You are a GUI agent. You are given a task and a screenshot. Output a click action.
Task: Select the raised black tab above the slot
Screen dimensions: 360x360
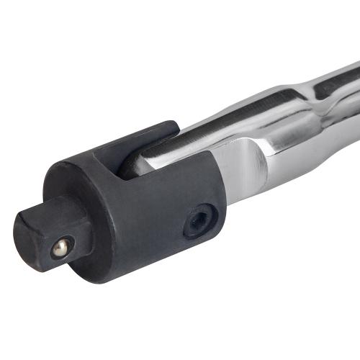click(144, 140)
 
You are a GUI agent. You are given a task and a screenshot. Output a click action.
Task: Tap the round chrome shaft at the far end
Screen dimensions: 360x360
click(338, 94)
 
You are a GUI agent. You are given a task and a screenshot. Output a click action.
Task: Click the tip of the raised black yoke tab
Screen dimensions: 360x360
click(173, 127)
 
